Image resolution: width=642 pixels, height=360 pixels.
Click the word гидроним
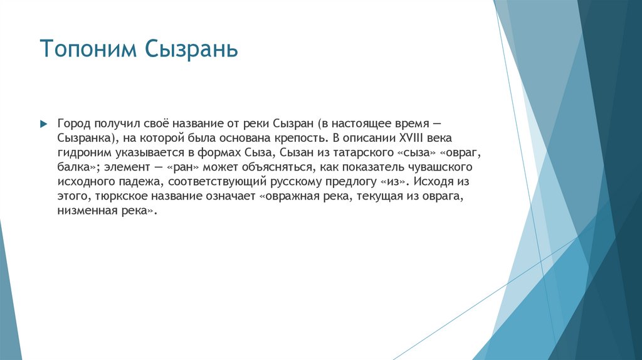[x=82, y=152]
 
